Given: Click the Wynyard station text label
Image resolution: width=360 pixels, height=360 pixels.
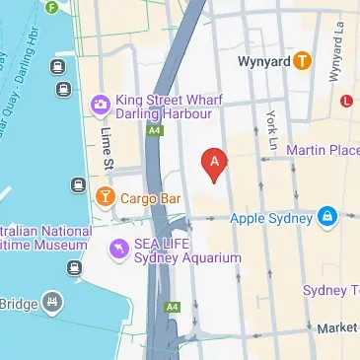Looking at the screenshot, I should [x=264, y=61].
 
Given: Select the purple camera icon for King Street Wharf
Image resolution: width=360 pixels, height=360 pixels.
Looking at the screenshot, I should [x=99, y=104].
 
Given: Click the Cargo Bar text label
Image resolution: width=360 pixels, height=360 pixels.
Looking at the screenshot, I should [x=150, y=198].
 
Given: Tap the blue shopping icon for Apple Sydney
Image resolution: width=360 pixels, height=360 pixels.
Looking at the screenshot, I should [x=326, y=215].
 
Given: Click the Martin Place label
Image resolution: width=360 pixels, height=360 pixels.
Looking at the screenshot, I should [x=323, y=150].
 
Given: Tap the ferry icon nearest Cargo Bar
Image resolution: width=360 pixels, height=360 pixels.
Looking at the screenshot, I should [x=78, y=184].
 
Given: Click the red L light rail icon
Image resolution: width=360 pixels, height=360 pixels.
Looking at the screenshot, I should [x=345, y=101].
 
